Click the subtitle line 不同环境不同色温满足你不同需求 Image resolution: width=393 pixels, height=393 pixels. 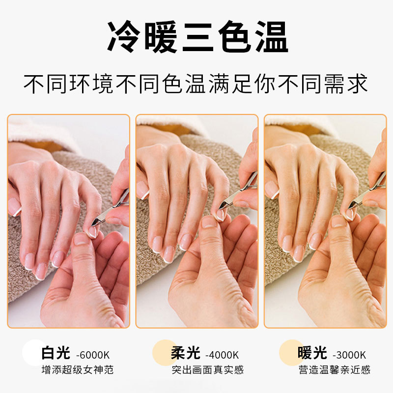tap(196, 84)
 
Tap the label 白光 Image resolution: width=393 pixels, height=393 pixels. tap(56, 353)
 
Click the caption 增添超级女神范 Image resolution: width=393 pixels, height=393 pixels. tap(77, 370)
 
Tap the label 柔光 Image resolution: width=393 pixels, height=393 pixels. tap(186, 353)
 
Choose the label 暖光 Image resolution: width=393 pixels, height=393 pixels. tap(312, 353)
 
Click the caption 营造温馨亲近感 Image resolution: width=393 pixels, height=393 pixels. tap(334, 370)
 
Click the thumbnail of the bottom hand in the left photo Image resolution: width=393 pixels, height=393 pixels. tap(82, 239)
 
